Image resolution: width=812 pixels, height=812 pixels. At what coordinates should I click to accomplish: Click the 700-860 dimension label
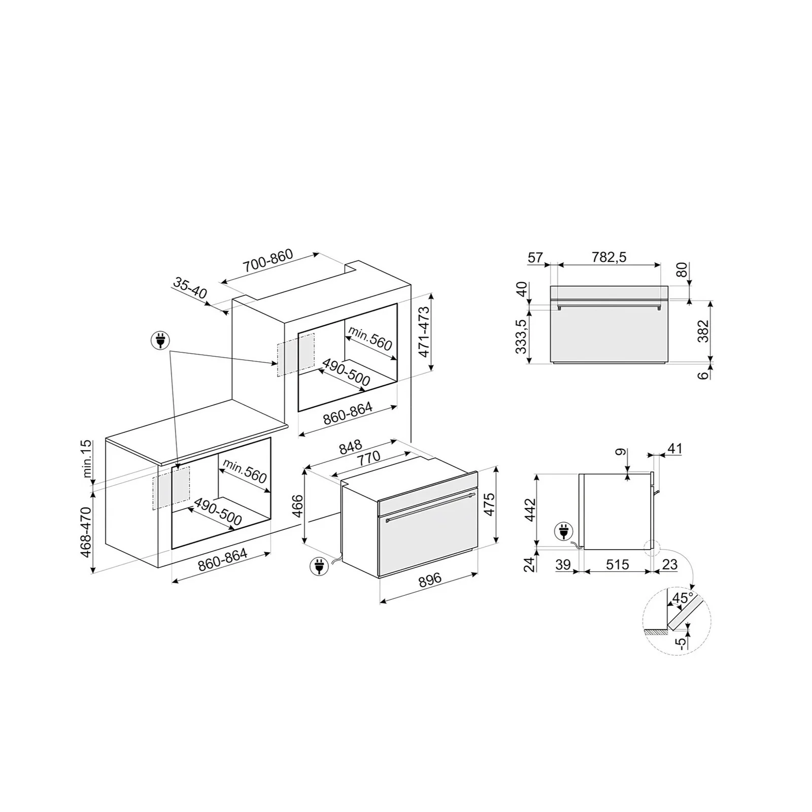[268, 261]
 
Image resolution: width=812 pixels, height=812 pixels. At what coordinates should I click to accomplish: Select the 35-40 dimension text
[190, 288]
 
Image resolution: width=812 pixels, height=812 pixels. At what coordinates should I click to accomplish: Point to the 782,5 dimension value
[609, 257]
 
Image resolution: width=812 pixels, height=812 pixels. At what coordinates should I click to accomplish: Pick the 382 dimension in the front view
[703, 331]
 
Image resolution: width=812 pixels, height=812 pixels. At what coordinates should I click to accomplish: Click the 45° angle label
[683, 598]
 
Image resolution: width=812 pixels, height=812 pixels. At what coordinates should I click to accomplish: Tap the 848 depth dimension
[351, 446]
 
